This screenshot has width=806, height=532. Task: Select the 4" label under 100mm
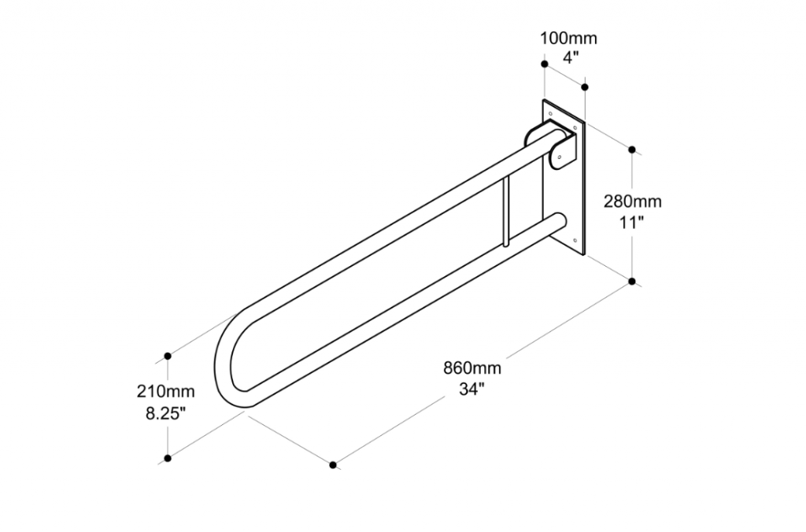[568, 57]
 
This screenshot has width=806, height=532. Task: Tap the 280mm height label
[632, 201]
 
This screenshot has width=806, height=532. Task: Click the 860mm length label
[472, 368]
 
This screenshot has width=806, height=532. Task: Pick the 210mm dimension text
[165, 391]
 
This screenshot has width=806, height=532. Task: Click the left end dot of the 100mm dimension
[544, 64]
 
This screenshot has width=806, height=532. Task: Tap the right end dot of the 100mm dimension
[585, 85]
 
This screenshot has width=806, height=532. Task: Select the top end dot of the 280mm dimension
[633, 149]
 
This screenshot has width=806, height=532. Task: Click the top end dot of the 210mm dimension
[168, 357]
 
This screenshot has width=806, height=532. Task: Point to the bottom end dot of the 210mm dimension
[168, 458]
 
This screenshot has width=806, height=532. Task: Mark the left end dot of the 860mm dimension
[333, 465]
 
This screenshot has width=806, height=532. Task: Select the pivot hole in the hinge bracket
[558, 158]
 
